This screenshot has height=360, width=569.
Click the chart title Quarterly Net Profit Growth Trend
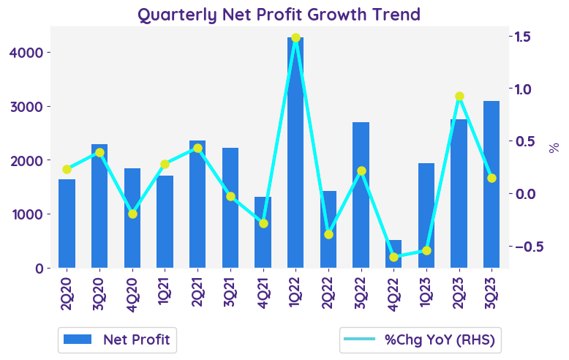point(279,14)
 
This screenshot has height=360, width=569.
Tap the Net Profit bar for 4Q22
point(394,254)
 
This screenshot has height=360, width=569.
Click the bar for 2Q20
point(67,223)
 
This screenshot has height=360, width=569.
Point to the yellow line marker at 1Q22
point(295,38)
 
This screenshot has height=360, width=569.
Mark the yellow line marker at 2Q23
point(459,97)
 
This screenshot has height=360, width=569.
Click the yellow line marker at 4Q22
point(394,257)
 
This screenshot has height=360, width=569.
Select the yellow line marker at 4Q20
point(132,214)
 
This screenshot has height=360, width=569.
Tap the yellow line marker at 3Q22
point(361,170)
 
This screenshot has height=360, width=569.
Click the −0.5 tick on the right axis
point(525,246)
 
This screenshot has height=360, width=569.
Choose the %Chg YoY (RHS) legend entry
point(420,340)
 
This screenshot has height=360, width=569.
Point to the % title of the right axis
point(554,148)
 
